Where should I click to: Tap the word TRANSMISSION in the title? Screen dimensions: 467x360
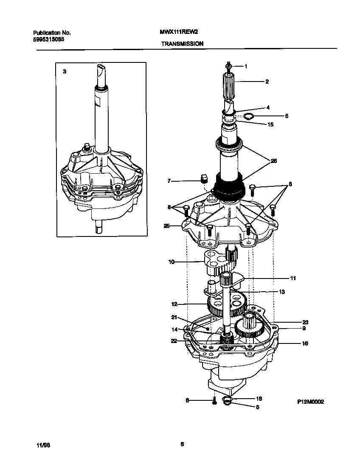click(182, 43)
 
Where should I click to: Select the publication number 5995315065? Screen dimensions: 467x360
click(49, 39)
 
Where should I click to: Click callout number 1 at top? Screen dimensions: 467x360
click(245, 66)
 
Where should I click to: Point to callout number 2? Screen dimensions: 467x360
click(267, 82)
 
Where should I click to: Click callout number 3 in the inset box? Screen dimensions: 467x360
click(65, 72)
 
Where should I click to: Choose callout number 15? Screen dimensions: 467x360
click(270, 125)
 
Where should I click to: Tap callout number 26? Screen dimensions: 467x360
click(274, 160)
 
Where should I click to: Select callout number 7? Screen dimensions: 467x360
click(169, 181)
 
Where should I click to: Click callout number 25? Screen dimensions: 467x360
click(167, 226)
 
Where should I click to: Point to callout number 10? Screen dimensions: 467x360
click(172, 262)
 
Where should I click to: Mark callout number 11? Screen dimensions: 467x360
click(293, 279)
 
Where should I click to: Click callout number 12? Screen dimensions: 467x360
click(174, 304)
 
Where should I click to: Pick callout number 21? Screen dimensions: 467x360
click(174, 317)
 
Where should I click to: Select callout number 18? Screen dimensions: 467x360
click(259, 399)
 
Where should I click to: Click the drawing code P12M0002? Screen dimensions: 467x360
click(310, 402)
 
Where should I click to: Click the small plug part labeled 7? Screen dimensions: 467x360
click(203, 177)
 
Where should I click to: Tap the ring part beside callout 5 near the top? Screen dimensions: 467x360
click(249, 116)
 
